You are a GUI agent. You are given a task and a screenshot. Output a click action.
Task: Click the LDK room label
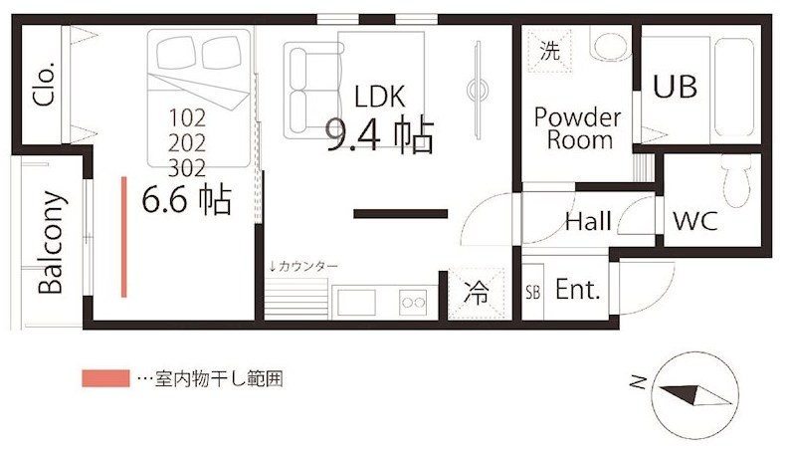pos(379,97)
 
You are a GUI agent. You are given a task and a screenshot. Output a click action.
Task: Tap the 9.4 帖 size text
pos(379,134)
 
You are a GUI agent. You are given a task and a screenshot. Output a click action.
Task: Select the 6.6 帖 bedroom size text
pos(187,199)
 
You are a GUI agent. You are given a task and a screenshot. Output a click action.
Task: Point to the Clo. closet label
pos(44,84)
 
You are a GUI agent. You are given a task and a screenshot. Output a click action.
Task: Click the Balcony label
pos(51,242)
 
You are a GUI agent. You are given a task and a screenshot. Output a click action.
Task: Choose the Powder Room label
pos(578,127)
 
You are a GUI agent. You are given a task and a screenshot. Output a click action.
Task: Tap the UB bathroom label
pos(675,86)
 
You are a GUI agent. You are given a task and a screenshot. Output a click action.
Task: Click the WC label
pos(694,220)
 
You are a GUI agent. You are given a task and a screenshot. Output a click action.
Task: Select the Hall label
pos(588,221)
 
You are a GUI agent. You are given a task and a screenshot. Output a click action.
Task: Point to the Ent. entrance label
pos(578,290)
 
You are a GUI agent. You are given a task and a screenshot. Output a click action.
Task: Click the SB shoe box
pos(533,291)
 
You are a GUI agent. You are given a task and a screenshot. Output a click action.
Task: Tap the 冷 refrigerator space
pos(476,293)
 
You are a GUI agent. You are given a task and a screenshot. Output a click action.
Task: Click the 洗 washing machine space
pos(549,51)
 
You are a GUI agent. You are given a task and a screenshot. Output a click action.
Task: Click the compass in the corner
pos(694,395)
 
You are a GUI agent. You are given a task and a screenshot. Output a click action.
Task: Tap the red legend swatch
pos(105,378)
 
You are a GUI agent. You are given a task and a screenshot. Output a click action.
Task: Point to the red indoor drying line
pos(123,237)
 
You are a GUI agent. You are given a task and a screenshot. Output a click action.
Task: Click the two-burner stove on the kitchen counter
pos(413,303)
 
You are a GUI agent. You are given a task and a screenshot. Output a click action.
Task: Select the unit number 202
pos(187,143)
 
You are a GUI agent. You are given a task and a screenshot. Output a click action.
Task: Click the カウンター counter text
pos(303,266)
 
